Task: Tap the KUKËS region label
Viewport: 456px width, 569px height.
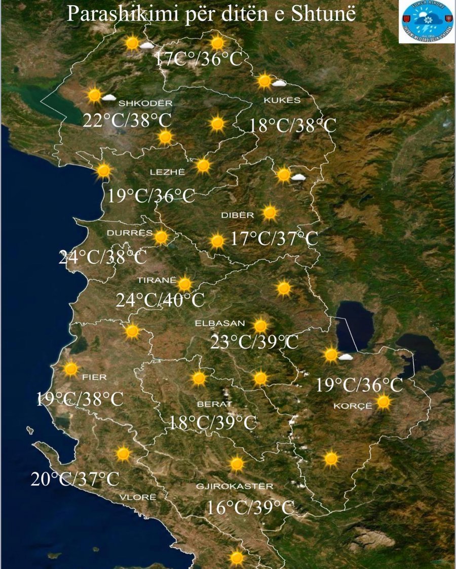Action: click(x=282, y=100)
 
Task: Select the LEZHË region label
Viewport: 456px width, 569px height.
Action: click(x=168, y=173)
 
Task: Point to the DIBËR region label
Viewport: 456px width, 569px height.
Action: click(x=237, y=215)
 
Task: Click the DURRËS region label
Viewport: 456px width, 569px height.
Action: click(x=130, y=233)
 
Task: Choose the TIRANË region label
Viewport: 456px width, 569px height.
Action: click(x=157, y=280)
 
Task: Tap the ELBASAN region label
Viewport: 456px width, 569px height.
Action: click(x=220, y=323)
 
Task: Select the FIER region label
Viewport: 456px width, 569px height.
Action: click(x=94, y=377)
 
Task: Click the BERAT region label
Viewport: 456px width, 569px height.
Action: click(x=214, y=404)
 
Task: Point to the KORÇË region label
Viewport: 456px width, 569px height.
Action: click(x=353, y=406)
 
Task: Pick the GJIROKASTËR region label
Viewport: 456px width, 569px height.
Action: click(x=235, y=486)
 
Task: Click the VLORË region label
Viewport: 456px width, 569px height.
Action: click(x=138, y=497)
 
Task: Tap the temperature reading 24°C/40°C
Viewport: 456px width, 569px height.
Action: click(x=160, y=300)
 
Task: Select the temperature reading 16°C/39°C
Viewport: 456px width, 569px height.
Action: click(x=251, y=507)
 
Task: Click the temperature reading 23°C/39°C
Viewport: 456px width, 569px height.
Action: click(x=254, y=343)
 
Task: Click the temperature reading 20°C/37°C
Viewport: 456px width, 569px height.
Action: click(x=75, y=478)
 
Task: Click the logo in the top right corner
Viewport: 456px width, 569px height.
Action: click(x=426, y=22)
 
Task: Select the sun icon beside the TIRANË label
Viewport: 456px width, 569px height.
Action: click(x=184, y=284)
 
